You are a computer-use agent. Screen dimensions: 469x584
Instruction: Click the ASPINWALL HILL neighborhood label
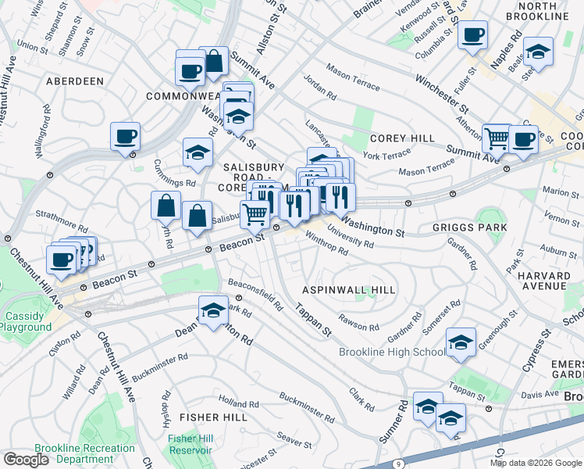[x=350, y=290]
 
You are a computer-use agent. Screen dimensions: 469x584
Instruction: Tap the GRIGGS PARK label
[x=469, y=227]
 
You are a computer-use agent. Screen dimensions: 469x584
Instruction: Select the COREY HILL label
[x=402, y=138]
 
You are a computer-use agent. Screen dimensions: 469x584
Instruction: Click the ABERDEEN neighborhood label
[x=75, y=81]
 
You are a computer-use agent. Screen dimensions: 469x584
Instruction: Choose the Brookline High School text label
[x=392, y=353]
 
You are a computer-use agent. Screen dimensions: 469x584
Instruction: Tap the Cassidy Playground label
[x=28, y=321]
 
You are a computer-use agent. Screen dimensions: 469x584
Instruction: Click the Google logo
[x=27, y=460]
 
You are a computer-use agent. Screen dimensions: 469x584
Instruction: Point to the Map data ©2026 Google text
[x=535, y=463]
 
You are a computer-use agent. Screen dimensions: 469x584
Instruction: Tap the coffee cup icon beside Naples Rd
[x=472, y=36]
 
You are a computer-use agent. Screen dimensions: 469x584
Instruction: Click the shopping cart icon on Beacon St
[x=255, y=213]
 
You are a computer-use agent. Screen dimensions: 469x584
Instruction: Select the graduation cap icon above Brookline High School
[x=461, y=342]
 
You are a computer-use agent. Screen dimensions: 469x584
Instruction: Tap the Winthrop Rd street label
[x=326, y=243]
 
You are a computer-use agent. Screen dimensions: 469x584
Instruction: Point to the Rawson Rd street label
[x=358, y=322]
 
